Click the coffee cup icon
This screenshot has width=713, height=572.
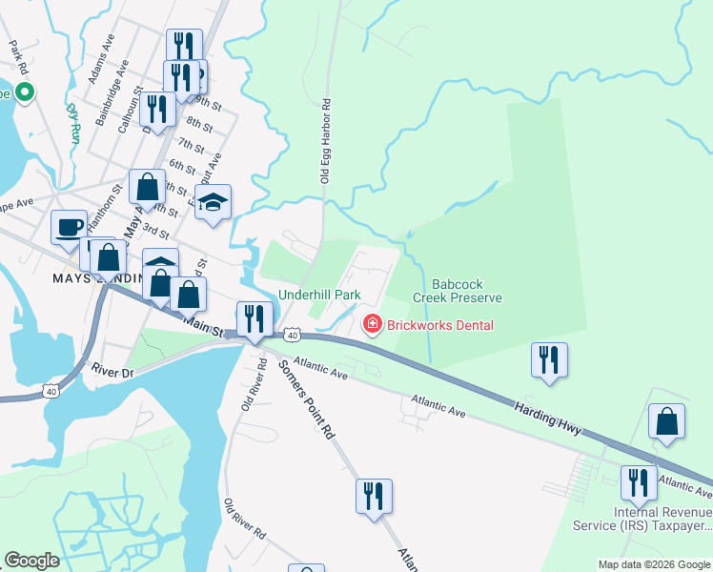[69, 227]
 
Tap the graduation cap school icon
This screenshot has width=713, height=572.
[214, 201]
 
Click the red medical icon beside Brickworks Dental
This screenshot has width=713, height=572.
[372, 325]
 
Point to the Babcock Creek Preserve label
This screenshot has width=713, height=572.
[458, 291]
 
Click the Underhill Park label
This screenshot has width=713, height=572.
[319, 296]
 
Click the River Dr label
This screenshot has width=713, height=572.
[113, 367]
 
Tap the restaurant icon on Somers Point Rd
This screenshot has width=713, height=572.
[374, 496]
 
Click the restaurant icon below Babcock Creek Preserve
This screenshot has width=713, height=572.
[549, 359]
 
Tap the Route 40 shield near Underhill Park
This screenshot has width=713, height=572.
[293, 335]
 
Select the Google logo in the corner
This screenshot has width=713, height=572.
[31, 561]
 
